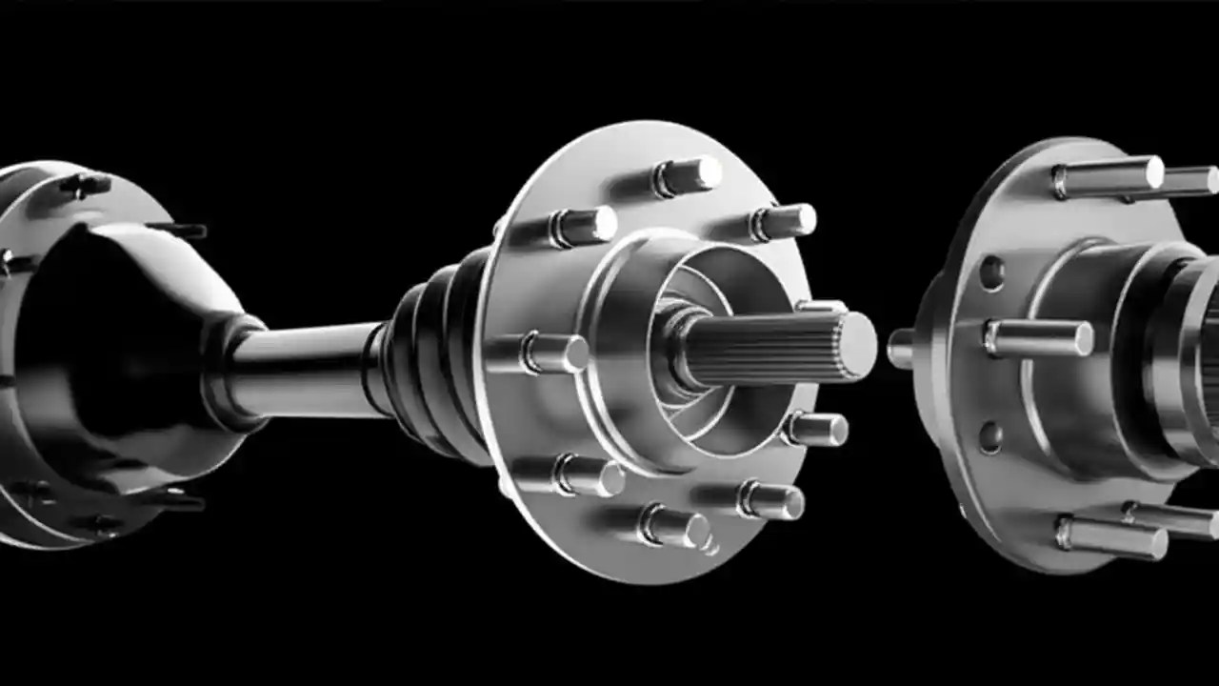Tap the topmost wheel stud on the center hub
pyautogui.click(x=688, y=175)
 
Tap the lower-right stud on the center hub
pyautogui.click(x=772, y=500)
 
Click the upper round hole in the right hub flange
pyautogui.click(x=991, y=273)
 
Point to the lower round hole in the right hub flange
pyautogui.click(x=991, y=437)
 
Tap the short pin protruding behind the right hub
pyautogui.click(x=900, y=348)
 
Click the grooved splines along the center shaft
pyautogui.click(x=762, y=349)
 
